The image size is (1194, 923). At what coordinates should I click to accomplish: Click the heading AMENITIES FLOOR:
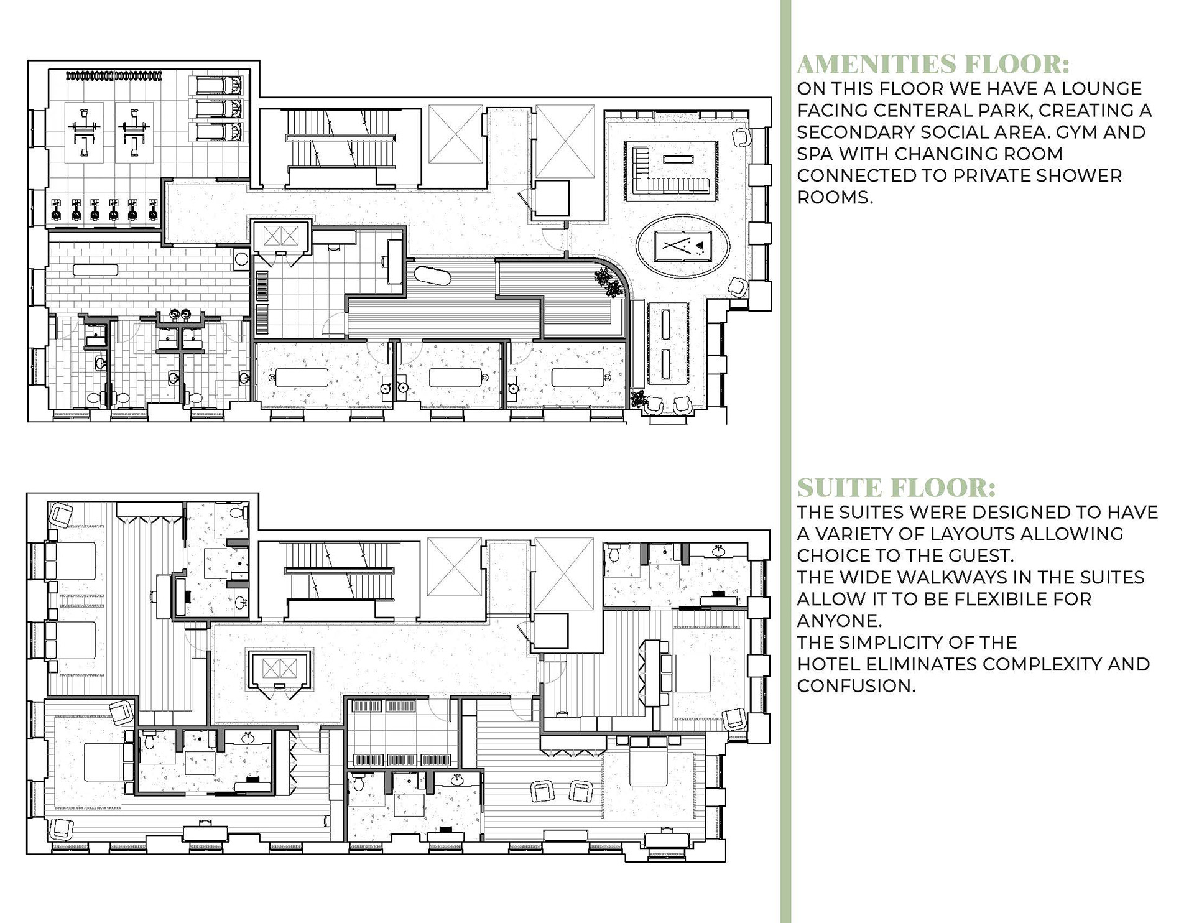point(933,65)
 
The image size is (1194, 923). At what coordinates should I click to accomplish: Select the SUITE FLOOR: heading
point(897,488)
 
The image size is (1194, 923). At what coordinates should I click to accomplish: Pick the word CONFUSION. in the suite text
point(856,686)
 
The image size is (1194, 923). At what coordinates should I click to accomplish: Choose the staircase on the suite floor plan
point(340,578)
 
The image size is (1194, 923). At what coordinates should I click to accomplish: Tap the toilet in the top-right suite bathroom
point(614,552)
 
